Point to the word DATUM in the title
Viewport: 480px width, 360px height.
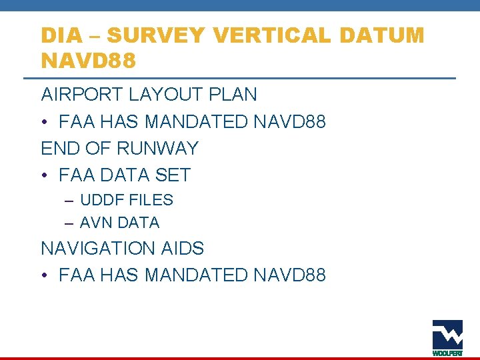point(387,35)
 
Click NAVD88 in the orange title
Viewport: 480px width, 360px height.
point(89,61)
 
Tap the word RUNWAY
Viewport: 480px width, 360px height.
point(157,148)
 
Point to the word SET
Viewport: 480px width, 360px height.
point(173,175)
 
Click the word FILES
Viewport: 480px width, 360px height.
point(151,200)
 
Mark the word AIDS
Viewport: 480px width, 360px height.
point(183,249)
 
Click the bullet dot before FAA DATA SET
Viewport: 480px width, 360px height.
point(45,175)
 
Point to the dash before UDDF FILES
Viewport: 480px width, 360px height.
point(69,200)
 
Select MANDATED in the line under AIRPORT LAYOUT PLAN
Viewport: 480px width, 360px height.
point(197,122)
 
